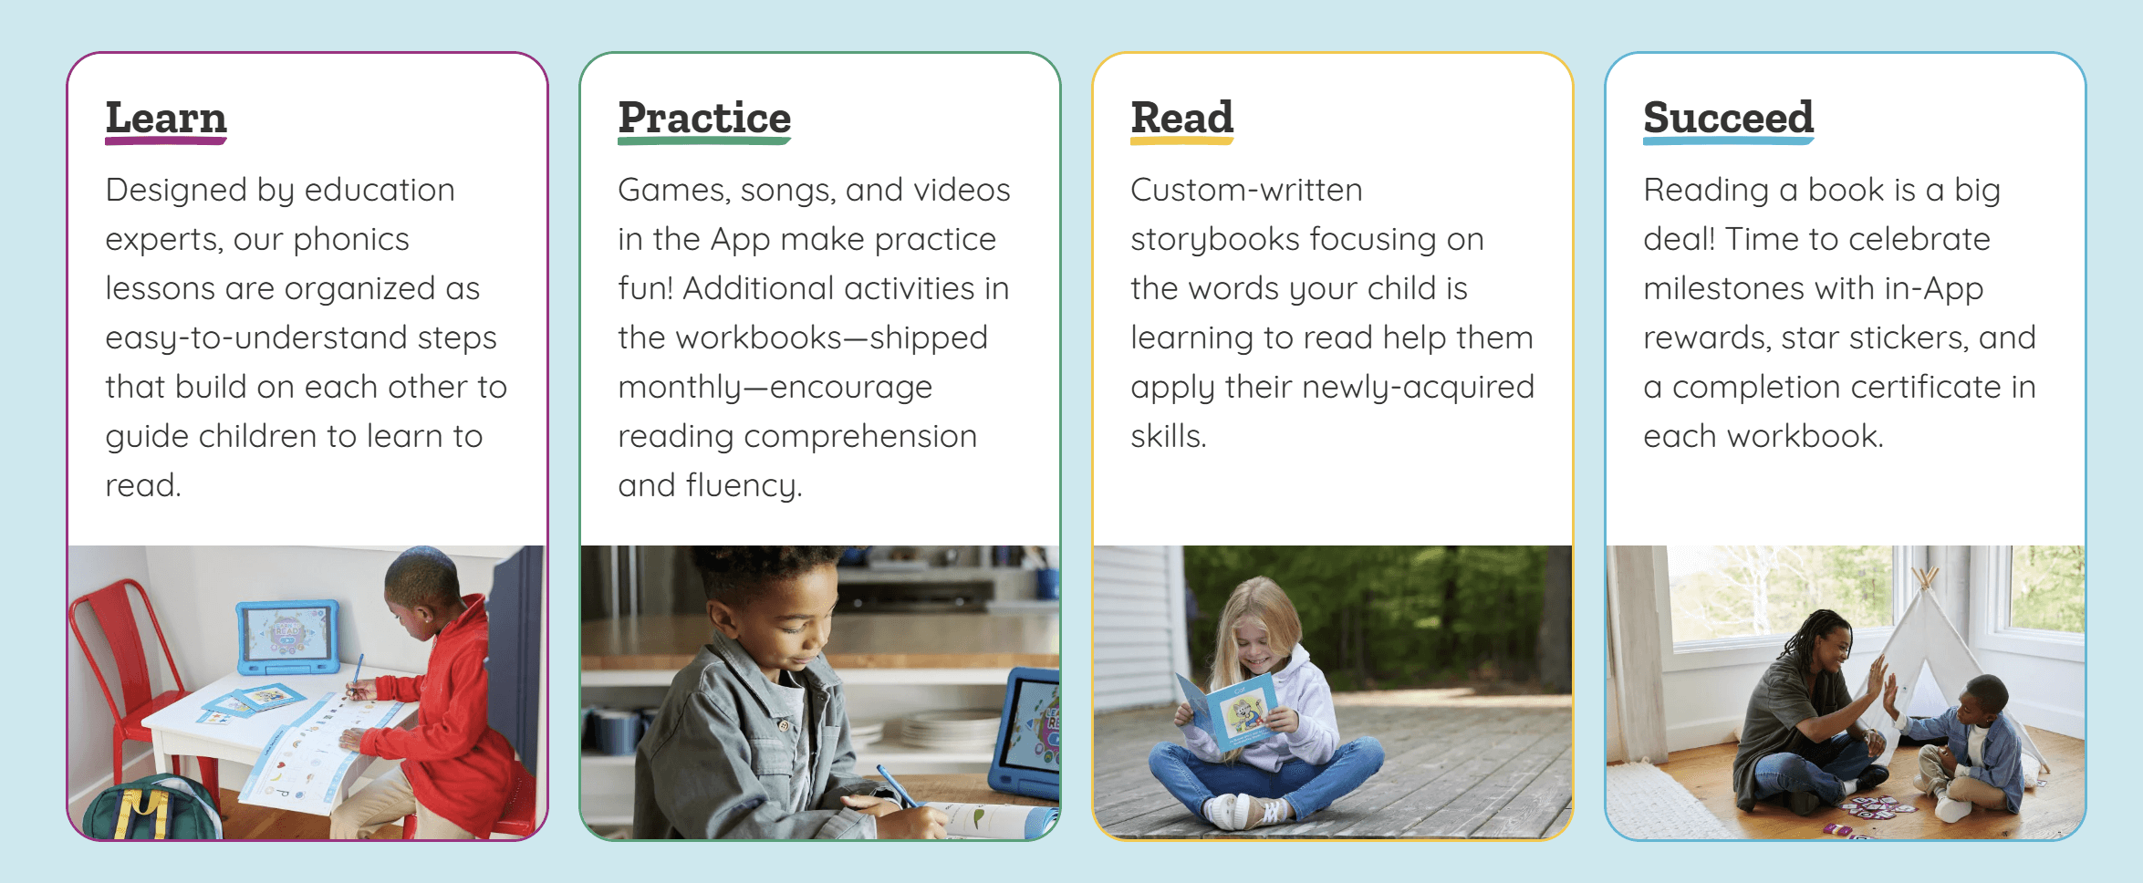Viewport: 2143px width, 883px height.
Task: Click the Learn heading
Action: point(165,118)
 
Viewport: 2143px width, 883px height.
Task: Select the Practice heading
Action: point(703,118)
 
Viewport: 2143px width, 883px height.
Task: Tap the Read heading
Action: point(1181,118)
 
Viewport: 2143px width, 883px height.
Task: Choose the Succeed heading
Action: point(1728,118)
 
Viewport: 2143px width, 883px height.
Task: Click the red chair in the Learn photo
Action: point(119,657)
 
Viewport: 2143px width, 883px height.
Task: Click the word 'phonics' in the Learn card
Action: point(350,239)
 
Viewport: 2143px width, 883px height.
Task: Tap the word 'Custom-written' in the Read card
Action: point(1246,190)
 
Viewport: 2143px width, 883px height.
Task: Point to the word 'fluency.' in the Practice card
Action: point(744,485)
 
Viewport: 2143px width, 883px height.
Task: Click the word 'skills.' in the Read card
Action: point(1168,436)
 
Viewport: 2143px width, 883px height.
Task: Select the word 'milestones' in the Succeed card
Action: point(1723,288)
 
